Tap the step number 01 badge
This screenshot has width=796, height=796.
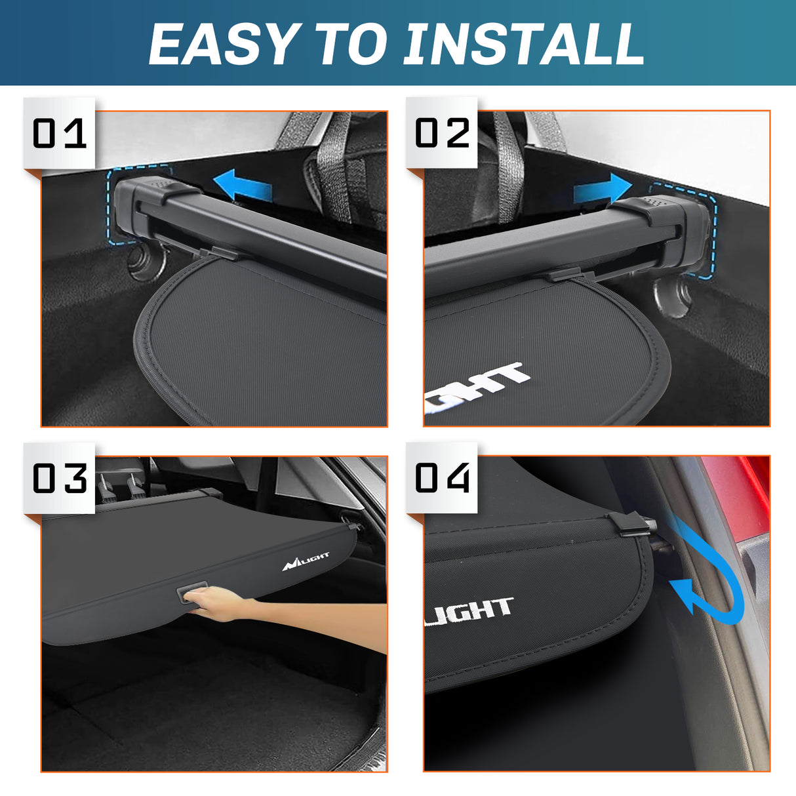(59, 134)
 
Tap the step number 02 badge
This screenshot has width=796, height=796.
(442, 133)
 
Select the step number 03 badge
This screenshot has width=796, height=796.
(59, 478)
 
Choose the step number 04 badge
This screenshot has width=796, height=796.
(442, 477)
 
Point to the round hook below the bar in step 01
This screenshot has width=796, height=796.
(143, 262)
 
